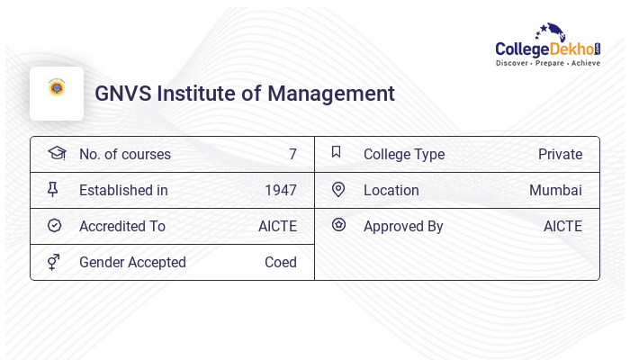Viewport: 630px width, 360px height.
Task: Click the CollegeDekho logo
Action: tap(548, 46)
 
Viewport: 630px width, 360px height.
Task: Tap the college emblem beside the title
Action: tap(57, 88)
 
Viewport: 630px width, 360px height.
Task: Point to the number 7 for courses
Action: tap(292, 154)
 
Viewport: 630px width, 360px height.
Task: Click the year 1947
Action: tap(280, 190)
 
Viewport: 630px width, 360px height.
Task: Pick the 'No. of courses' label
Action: tap(124, 154)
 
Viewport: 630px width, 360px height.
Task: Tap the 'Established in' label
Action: tap(123, 190)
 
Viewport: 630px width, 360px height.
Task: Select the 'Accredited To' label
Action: tap(122, 226)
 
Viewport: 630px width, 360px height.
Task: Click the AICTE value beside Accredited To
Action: tap(277, 226)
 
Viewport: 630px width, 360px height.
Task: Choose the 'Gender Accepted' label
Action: tap(132, 262)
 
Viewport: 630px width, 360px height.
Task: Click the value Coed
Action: tap(280, 262)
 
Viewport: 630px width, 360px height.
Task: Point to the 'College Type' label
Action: tap(404, 154)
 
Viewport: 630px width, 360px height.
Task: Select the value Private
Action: tap(560, 154)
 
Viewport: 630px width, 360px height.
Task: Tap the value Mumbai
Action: tap(555, 190)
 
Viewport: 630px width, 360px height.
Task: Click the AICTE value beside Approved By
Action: tap(562, 226)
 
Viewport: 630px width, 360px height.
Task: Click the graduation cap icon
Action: tap(56, 153)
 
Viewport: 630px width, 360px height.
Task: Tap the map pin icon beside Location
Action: tap(338, 189)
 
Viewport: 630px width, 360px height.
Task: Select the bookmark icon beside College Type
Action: tap(337, 152)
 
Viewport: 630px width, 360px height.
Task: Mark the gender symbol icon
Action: tap(54, 262)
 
